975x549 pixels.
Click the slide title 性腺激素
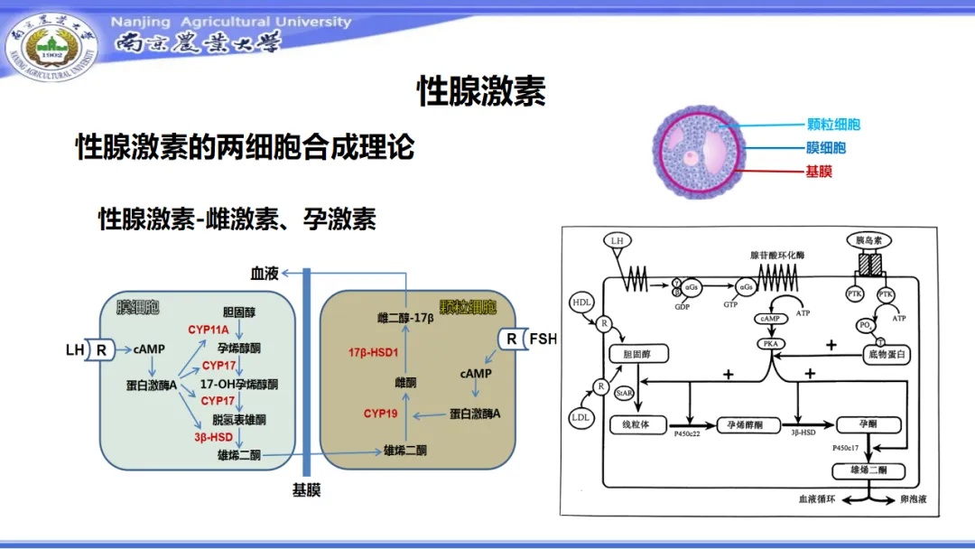point(481,91)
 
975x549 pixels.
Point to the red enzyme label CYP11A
point(209,330)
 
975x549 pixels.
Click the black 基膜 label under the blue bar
point(306,490)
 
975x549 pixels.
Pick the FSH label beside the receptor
point(543,340)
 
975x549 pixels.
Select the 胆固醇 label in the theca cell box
point(239,312)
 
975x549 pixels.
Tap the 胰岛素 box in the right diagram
point(869,240)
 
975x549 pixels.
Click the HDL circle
point(580,302)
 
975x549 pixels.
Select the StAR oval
point(622,394)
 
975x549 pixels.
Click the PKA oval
point(770,344)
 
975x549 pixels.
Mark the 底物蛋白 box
point(885,355)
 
